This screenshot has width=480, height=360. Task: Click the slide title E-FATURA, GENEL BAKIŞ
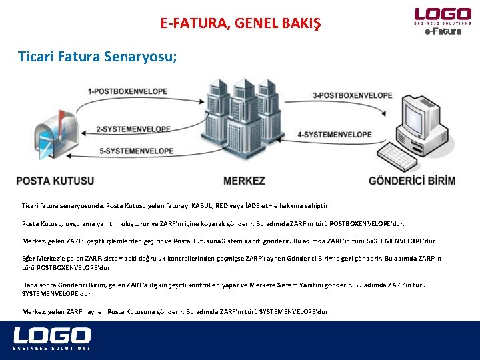(240, 24)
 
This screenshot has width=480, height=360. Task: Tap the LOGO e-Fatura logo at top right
(443, 21)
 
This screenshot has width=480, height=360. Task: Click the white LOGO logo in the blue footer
(52, 338)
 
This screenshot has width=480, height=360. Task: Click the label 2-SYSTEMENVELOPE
(135, 129)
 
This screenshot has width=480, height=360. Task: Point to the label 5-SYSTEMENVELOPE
(136, 151)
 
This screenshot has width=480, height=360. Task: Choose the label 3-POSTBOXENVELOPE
(353, 95)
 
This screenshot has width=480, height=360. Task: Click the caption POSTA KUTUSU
(55, 181)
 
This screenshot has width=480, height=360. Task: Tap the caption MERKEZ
(244, 181)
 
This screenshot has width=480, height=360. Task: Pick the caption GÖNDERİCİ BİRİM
(412, 181)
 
